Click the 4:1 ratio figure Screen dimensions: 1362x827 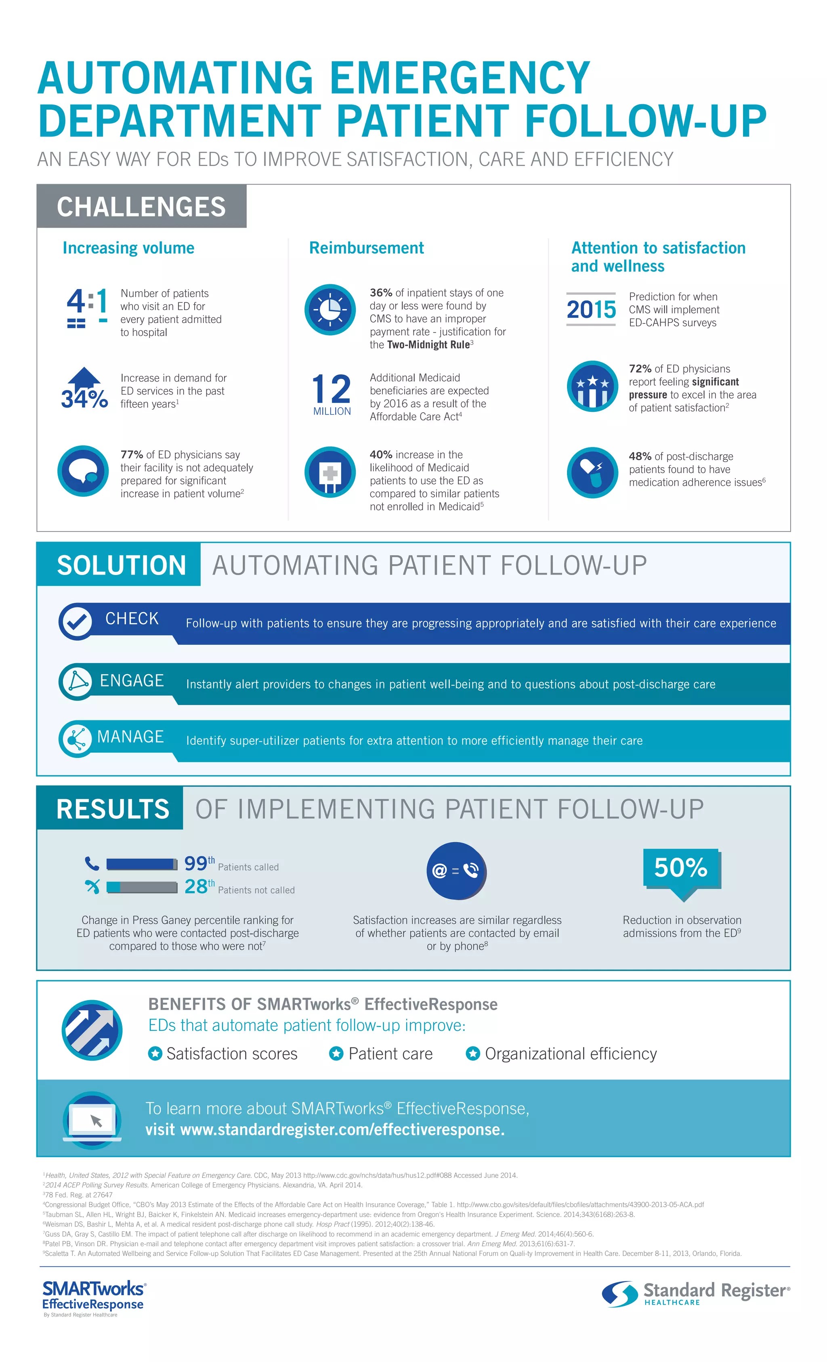87,307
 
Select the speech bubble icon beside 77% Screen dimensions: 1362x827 83,471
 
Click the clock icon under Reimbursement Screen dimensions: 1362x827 330,310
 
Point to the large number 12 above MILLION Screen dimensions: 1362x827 331,388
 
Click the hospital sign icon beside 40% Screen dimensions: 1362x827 330,472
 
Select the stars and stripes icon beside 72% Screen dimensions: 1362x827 592,386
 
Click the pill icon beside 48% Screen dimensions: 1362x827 592,472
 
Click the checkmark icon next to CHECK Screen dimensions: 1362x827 76,622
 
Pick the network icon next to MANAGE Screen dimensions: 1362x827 76,739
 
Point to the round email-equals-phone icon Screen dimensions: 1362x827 456,871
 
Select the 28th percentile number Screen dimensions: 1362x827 196,887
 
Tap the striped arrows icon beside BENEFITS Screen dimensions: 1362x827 92,1030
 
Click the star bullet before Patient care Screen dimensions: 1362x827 336,1054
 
